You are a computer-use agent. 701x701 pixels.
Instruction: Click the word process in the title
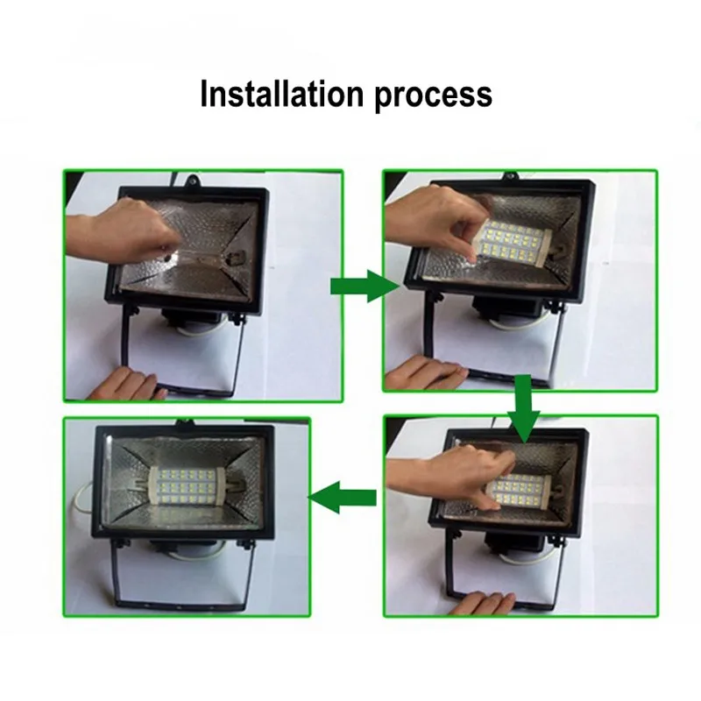pyautogui.click(x=433, y=95)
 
